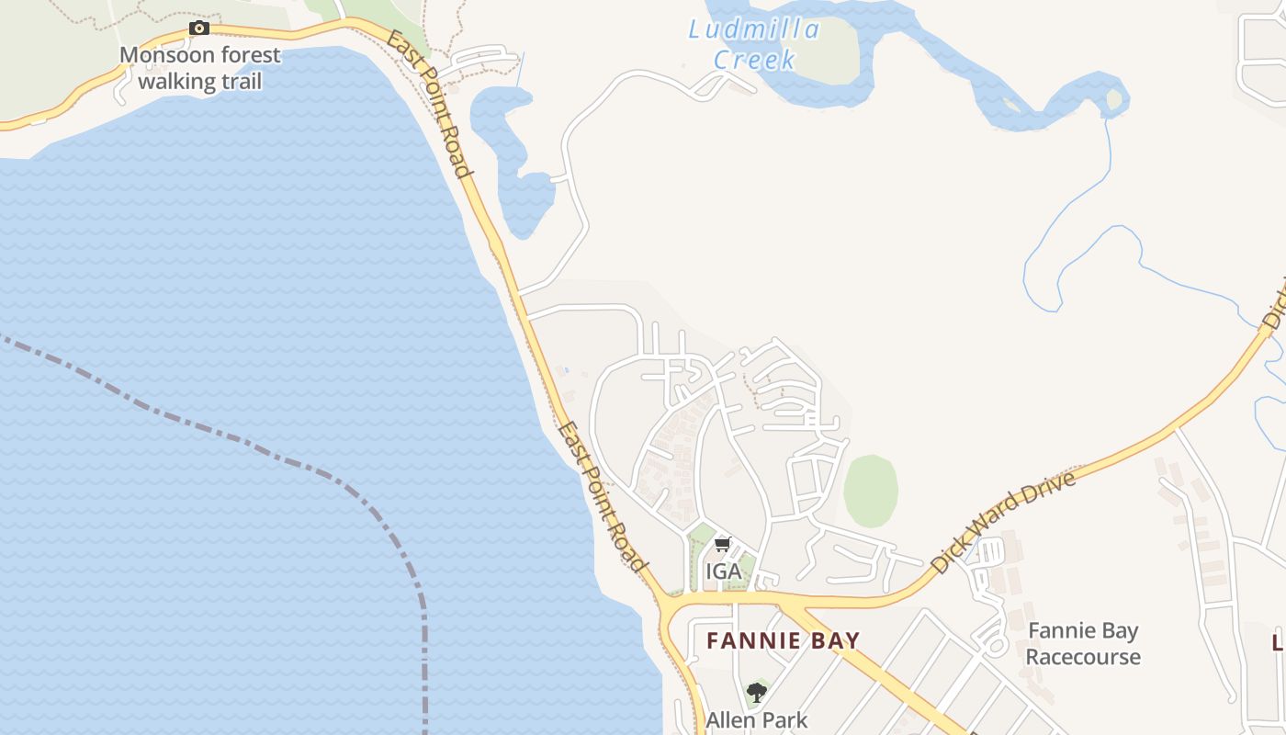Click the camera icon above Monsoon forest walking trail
[x=199, y=28]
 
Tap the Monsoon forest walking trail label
[x=199, y=68]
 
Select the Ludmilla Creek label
[x=754, y=44]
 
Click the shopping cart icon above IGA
[x=723, y=544]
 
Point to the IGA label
[x=723, y=571]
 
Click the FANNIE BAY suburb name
[x=783, y=640]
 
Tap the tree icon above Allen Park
[x=756, y=692]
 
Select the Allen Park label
[x=756, y=719]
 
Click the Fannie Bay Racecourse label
[x=1083, y=644]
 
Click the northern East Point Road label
[x=430, y=104]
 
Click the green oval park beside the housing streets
[x=870, y=491]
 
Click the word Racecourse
[x=1083, y=657]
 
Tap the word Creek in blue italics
[x=754, y=60]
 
